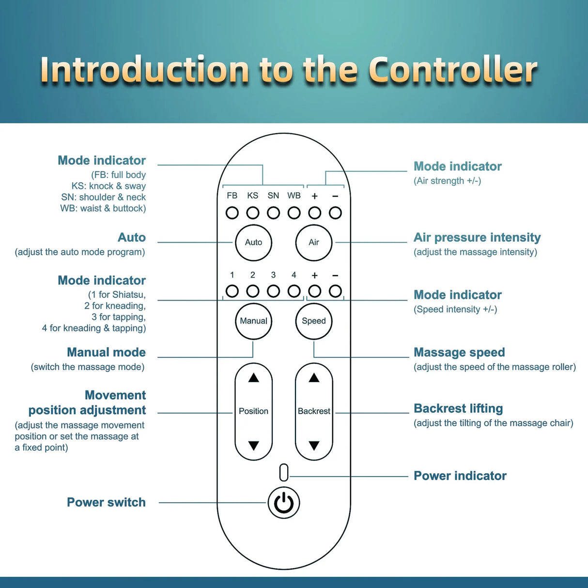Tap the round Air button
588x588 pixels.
314,243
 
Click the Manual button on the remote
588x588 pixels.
253,321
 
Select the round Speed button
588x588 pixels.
314,321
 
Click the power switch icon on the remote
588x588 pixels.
284,503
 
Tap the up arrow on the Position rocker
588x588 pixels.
253,378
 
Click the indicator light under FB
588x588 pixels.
232,213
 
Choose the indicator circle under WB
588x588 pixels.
294,213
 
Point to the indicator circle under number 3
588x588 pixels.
273,291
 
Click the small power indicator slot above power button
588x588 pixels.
284,473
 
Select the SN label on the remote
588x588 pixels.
273,196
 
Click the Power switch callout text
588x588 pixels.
106,502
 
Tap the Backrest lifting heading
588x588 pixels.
458,408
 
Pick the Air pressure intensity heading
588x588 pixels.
477,237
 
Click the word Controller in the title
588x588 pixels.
453,70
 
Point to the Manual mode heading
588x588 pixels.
106,352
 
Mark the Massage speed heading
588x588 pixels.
459,352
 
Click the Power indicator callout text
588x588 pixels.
460,476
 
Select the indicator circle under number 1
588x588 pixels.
232,291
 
